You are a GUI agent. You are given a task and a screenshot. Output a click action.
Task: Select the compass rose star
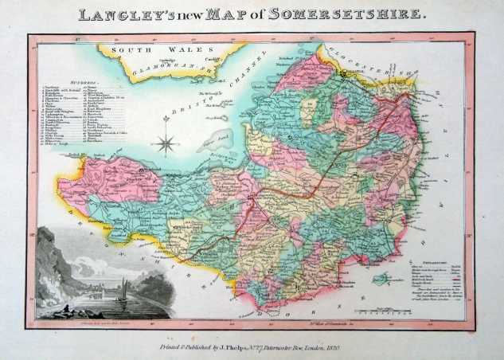pos(166,143)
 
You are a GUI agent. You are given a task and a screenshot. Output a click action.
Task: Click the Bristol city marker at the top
pos(343,74)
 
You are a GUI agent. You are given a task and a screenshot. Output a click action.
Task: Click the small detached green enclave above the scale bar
pos(384,279)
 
